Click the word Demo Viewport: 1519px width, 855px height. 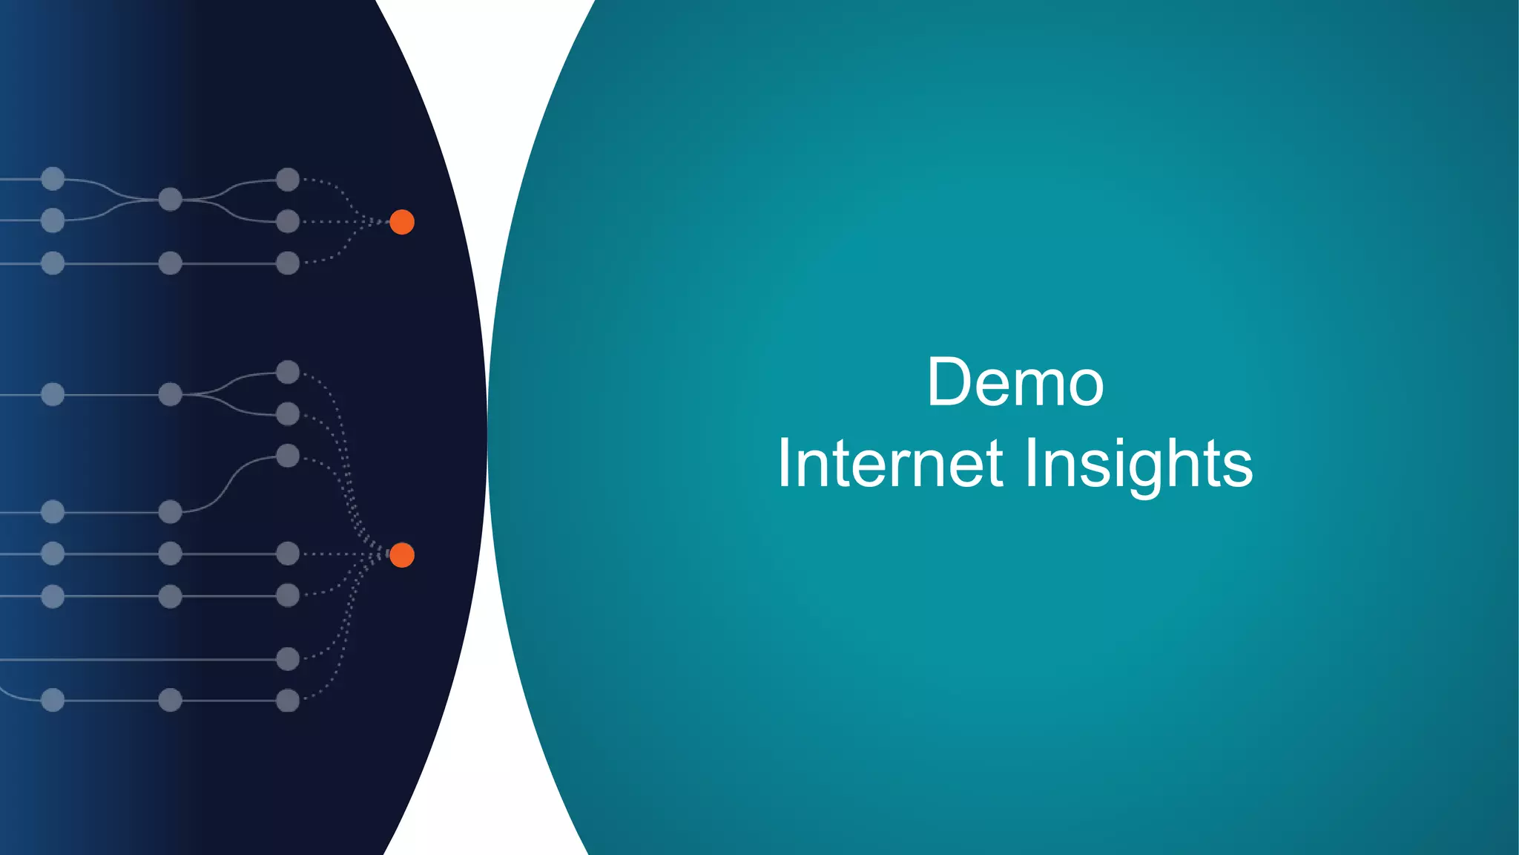point(1015,383)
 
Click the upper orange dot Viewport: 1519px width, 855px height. point(402,222)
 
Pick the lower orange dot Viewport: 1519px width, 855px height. point(402,555)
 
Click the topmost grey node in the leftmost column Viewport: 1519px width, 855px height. point(53,179)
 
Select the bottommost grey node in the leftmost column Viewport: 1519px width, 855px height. point(53,700)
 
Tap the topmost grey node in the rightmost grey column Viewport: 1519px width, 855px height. point(288,180)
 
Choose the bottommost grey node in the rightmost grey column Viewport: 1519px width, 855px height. point(288,700)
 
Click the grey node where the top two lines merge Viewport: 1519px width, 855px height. point(171,199)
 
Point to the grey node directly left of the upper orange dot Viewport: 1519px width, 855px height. point(288,221)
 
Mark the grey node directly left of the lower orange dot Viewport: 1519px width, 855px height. point(288,554)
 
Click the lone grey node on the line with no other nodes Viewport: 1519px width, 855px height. point(288,658)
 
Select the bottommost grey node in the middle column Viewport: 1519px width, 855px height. point(171,700)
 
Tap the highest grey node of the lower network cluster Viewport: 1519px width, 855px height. point(288,372)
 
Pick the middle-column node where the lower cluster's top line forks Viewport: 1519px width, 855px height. point(171,394)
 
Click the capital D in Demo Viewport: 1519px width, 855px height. point(948,383)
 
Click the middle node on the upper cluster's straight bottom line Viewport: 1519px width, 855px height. point(171,263)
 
